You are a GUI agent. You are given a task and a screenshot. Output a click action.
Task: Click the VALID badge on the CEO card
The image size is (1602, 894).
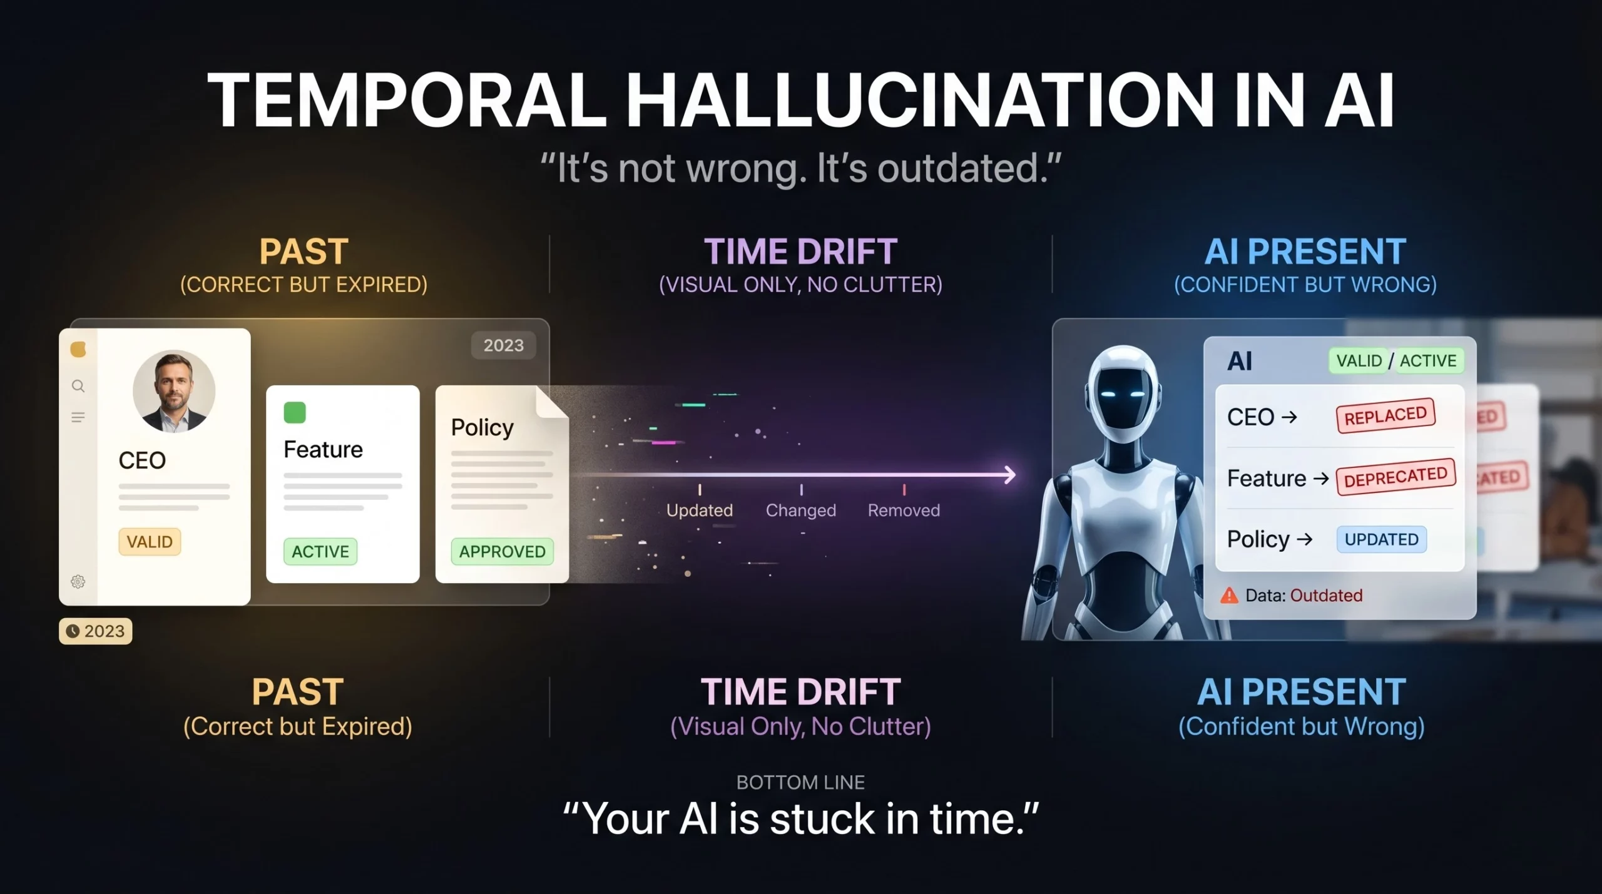(150, 541)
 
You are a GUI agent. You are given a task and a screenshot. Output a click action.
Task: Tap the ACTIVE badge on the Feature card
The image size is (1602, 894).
(320, 551)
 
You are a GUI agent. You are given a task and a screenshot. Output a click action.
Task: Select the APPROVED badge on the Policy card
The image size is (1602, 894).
(503, 551)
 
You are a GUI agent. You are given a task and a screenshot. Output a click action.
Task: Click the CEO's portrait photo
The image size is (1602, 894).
(174, 391)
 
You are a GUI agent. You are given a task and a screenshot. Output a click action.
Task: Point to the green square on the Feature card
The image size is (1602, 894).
(295, 412)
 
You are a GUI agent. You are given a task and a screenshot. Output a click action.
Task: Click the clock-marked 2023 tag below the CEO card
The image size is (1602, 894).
(96, 631)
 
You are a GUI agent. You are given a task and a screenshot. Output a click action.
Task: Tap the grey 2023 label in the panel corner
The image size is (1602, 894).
(504, 345)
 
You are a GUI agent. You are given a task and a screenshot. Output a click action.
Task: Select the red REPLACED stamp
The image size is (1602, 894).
(1385, 415)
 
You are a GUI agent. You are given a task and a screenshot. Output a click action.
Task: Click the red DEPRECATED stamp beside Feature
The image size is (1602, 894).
(1396, 477)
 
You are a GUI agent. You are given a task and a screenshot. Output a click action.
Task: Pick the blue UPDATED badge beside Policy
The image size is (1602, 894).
(1382, 539)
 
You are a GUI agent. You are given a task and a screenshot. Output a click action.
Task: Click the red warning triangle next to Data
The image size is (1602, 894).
(1229, 595)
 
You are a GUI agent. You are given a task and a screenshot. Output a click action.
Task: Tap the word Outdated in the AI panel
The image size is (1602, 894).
(1326, 595)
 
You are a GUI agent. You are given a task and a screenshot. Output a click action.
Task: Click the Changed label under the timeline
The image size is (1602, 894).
(801, 510)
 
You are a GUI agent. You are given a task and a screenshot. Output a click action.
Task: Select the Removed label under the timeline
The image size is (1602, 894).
(904, 510)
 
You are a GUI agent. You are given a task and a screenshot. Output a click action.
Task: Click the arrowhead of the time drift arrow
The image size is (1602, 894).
(1010, 475)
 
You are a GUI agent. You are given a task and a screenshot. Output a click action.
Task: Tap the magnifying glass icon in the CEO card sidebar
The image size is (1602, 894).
(78, 386)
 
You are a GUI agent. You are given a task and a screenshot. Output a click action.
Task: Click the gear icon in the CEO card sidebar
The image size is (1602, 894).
(78, 582)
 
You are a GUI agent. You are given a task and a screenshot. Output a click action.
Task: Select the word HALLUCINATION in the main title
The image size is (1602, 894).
(921, 100)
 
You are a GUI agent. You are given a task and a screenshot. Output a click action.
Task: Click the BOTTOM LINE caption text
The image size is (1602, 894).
(800, 782)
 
